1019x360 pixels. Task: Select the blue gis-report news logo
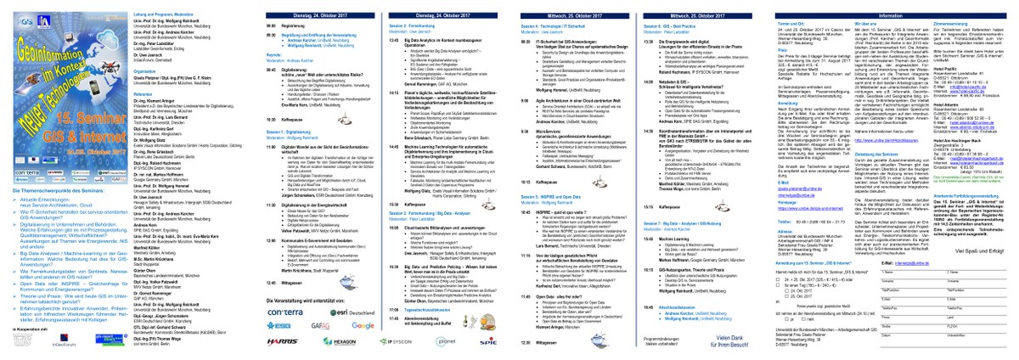point(73,344)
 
